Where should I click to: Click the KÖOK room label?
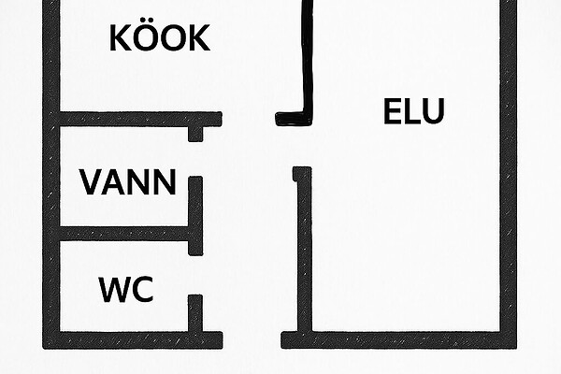coord(160,38)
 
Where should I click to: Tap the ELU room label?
coord(413,111)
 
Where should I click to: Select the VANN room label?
coord(127,181)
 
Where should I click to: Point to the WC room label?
coord(126,290)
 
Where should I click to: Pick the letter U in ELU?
coord(431,111)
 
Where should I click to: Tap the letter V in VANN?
coord(92,181)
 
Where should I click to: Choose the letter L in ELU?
coord(411,111)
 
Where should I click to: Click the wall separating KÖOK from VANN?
coord(131,120)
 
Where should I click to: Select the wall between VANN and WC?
coord(126,233)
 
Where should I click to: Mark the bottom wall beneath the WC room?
coord(131,338)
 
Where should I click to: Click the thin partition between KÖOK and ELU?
coord(306,56)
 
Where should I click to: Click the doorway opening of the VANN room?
coord(195,158)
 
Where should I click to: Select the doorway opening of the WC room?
coord(195,275)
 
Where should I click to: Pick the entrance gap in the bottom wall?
coord(252,338)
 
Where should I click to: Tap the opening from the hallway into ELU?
coord(302,145)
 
